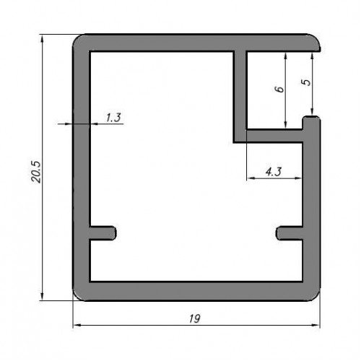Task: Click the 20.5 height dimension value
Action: click(x=37, y=172)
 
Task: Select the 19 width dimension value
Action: click(x=194, y=318)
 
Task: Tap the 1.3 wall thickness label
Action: click(x=113, y=118)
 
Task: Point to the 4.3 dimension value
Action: click(x=274, y=172)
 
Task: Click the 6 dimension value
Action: click(x=279, y=89)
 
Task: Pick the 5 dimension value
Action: click(x=306, y=82)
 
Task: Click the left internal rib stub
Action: click(x=103, y=233)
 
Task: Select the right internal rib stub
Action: click(x=290, y=233)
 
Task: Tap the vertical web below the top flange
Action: click(x=240, y=96)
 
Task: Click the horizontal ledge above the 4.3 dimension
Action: click(x=274, y=136)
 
